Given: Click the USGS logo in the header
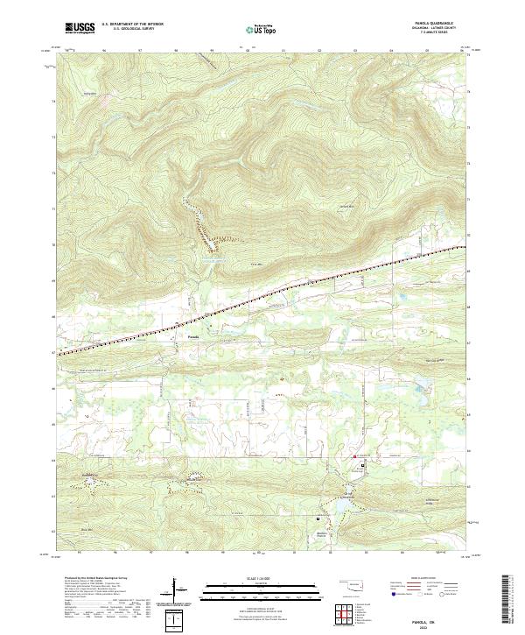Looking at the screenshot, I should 80,28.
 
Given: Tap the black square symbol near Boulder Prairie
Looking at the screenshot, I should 318,519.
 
